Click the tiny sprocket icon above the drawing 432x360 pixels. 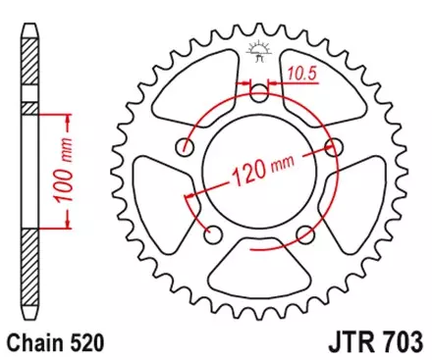tap(260, 48)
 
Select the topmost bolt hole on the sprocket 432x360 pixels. tap(260, 95)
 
